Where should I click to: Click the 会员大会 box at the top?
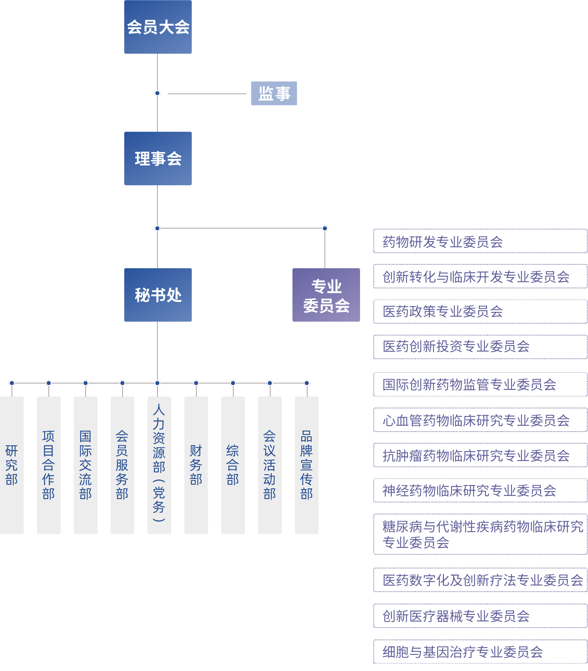[x=158, y=27]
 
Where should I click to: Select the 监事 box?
[x=274, y=93]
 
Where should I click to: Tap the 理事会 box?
[x=158, y=158]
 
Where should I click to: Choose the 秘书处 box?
[x=158, y=295]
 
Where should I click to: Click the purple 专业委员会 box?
[x=326, y=295]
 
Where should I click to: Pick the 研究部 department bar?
[x=12, y=465]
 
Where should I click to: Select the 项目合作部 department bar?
[x=49, y=465]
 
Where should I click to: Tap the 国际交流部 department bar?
[x=86, y=465]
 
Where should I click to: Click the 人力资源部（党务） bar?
[x=159, y=465]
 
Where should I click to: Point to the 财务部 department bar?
[x=196, y=465]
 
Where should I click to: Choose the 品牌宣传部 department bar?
[x=307, y=465]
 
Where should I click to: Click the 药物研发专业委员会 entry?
[x=480, y=241]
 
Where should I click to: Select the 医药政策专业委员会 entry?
[x=480, y=311]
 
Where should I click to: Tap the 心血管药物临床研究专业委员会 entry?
[x=480, y=420]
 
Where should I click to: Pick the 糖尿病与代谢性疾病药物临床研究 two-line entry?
[x=480, y=534]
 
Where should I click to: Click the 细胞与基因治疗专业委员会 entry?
[x=480, y=652]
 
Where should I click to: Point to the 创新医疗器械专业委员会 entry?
[x=480, y=616]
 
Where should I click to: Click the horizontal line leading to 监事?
[x=207, y=94]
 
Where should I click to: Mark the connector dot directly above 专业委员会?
[x=325, y=228]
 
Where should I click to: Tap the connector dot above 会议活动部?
[x=270, y=383]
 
